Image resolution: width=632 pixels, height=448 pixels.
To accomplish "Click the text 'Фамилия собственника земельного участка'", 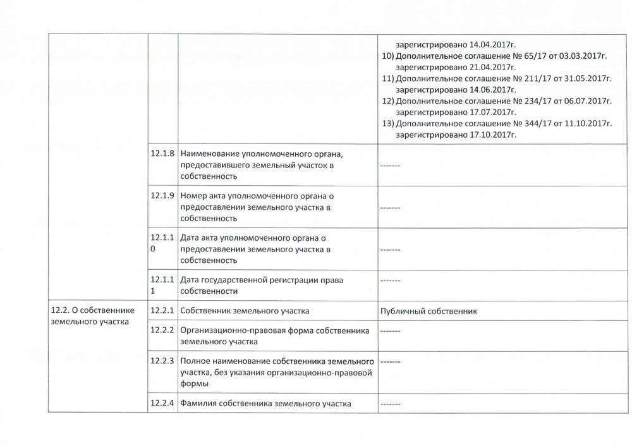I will click(265, 403).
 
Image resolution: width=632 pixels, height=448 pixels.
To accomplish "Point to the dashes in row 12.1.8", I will click(390, 166).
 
